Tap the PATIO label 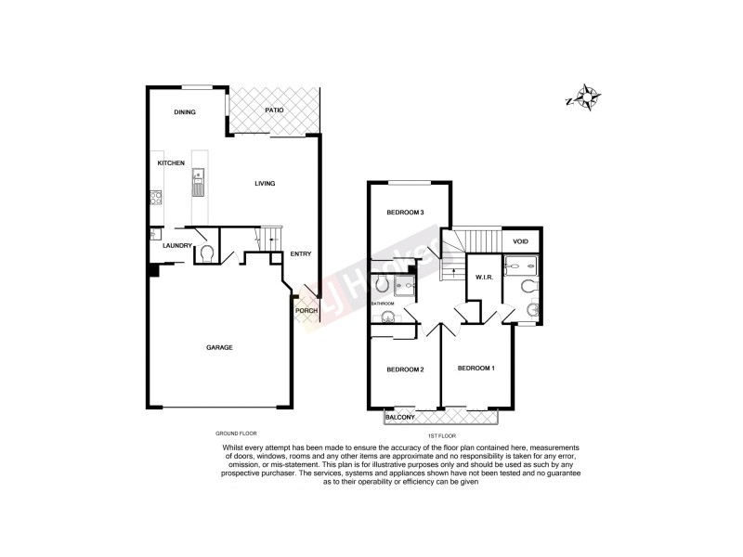(x=273, y=110)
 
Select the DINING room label (x=185, y=112)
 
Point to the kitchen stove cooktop (x=155, y=197)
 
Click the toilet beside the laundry (x=206, y=252)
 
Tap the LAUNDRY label (x=176, y=245)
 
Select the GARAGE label (x=219, y=347)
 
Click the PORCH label (x=306, y=311)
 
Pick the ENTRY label (x=300, y=253)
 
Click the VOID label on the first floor (x=521, y=241)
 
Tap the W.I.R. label (x=483, y=277)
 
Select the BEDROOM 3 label (x=405, y=214)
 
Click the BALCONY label (x=402, y=420)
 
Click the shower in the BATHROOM (x=404, y=284)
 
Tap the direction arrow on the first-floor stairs (x=452, y=270)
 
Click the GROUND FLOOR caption (x=235, y=434)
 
